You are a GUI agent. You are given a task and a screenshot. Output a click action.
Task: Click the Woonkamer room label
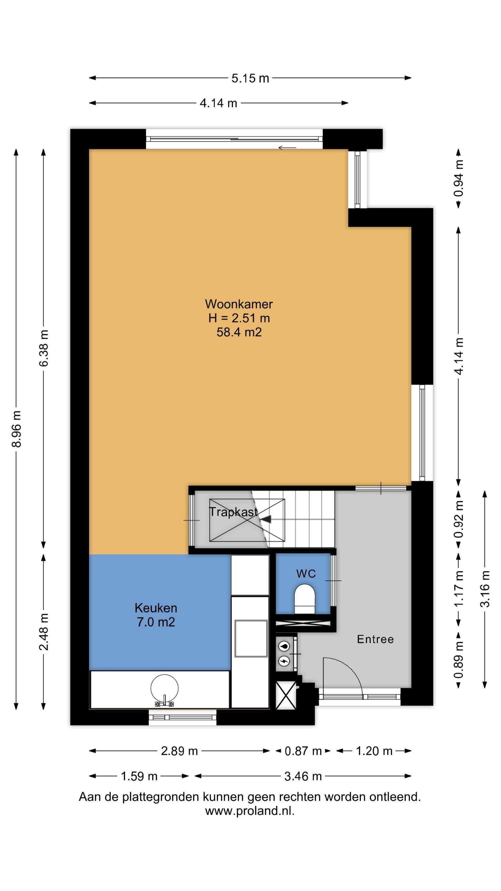tap(239, 304)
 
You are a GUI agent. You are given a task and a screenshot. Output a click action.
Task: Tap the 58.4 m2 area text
tap(239, 332)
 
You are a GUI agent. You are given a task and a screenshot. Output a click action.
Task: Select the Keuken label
tap(156, 608)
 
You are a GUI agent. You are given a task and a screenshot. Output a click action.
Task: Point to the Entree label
tap(375, 639)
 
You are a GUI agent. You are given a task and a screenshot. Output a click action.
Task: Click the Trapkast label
tap(234, 512)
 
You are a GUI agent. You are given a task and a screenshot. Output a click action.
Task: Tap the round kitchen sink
tap(165, 688)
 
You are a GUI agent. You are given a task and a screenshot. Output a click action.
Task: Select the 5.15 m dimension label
tap(250, 78)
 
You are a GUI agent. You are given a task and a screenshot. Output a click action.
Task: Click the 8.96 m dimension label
tap(17, 429)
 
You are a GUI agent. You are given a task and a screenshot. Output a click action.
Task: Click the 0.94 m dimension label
tap(459, 178)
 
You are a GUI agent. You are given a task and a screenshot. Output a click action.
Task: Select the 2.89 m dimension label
tap(179, 751)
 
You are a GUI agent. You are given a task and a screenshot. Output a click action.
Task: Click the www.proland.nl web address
tap(250, 811)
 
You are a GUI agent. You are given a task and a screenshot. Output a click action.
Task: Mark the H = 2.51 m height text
tap(239, 318)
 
